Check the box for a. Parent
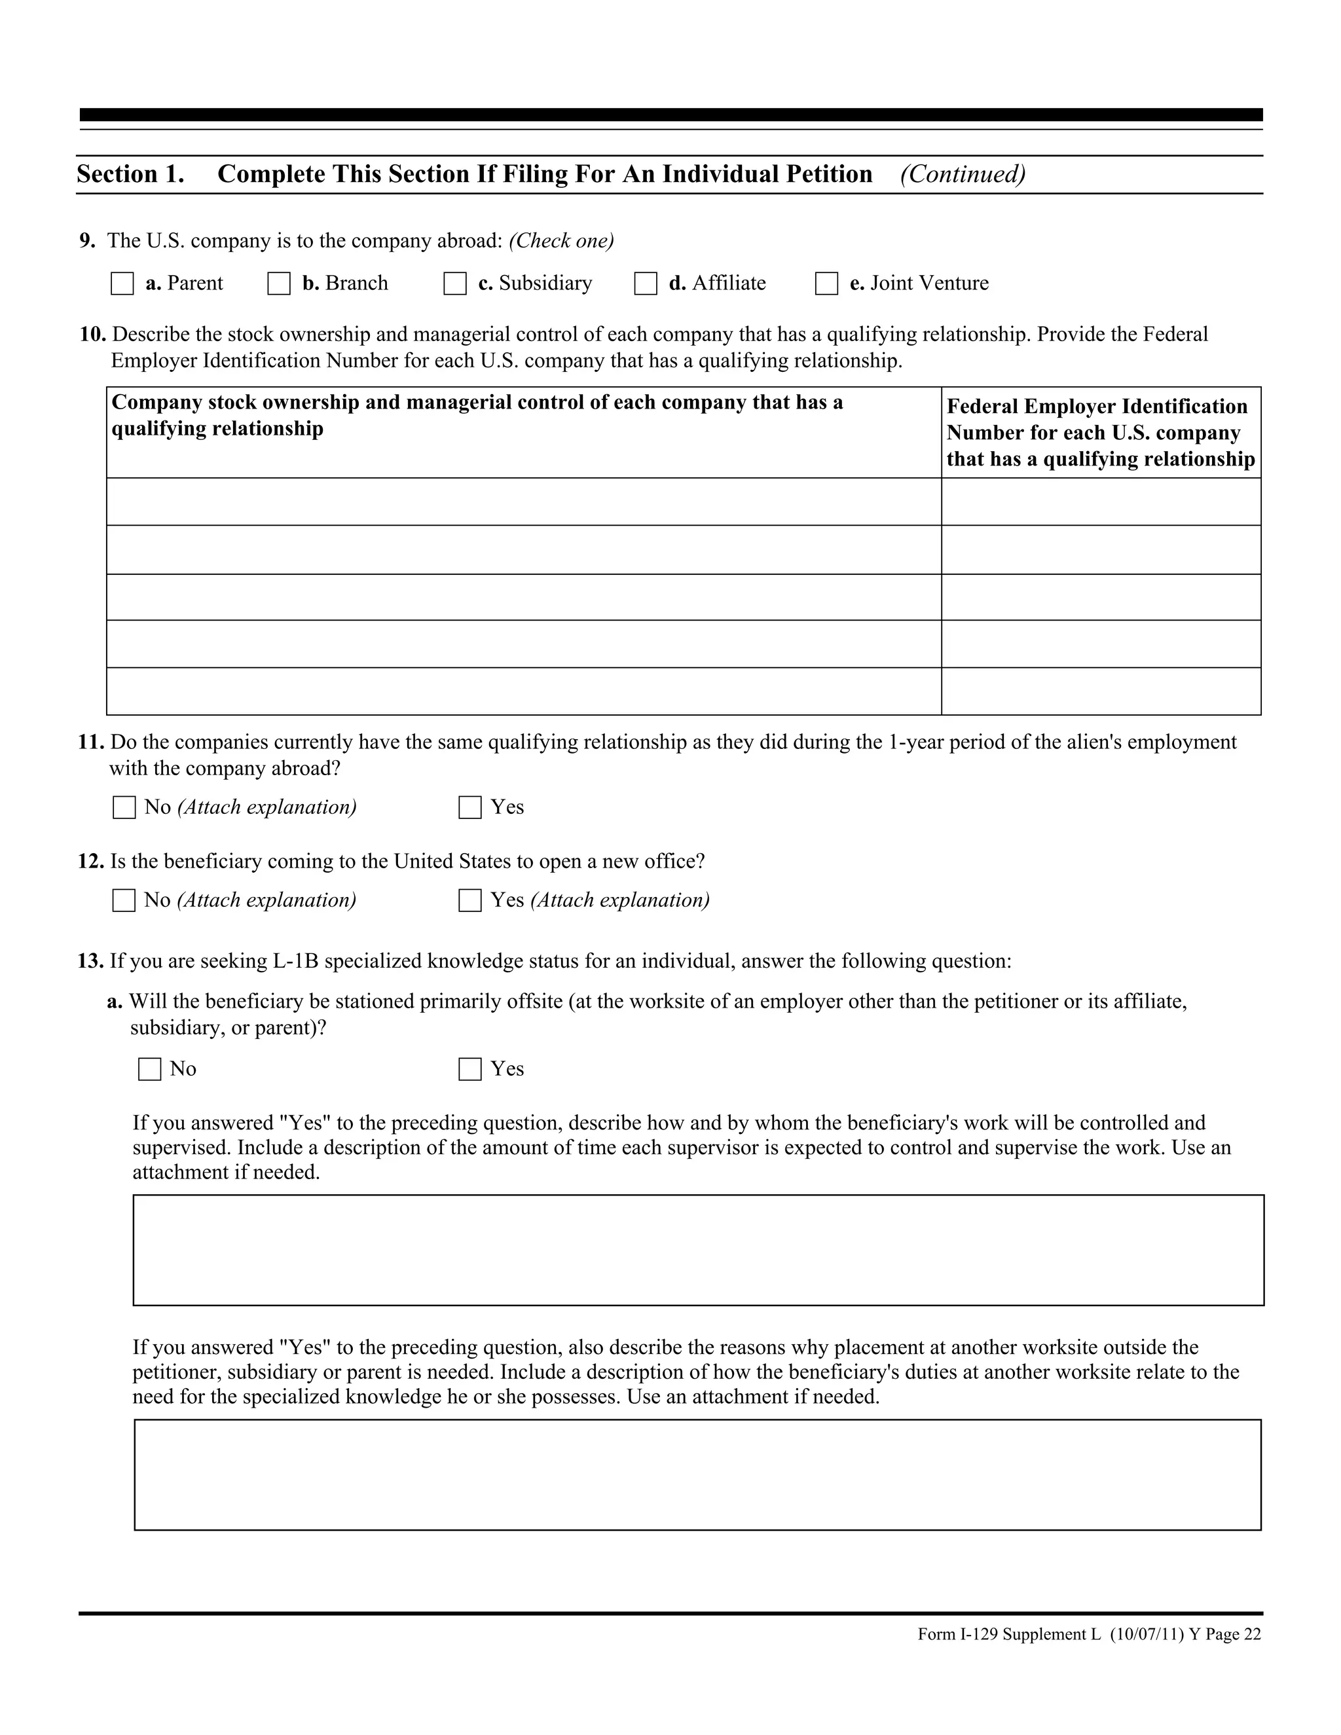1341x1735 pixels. pos(122,283)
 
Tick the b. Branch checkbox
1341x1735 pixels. pos(279,283)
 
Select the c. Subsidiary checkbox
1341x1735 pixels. pos(454,283)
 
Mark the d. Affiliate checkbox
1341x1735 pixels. pos(645,283)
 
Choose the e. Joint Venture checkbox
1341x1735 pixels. pos(826,283)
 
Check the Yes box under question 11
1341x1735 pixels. pos(470,807)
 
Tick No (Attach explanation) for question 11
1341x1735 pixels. pos(124,807)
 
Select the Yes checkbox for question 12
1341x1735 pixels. pos(470,900)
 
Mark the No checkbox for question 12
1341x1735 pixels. pos(124,900)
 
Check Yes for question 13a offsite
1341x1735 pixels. pos(470,1069)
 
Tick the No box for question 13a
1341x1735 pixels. pos(149,1069)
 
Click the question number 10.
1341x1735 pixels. pos(92,335)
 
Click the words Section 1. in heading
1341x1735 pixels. pos(130,174)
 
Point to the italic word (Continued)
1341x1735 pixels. pos(963,174)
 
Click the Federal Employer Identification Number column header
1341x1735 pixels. pos(1100,433)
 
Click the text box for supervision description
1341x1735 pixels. pos(698,1250)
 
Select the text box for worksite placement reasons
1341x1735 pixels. pos(697,1474)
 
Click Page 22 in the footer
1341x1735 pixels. pos(1233,1634)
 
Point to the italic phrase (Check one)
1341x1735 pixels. pos(562,241)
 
